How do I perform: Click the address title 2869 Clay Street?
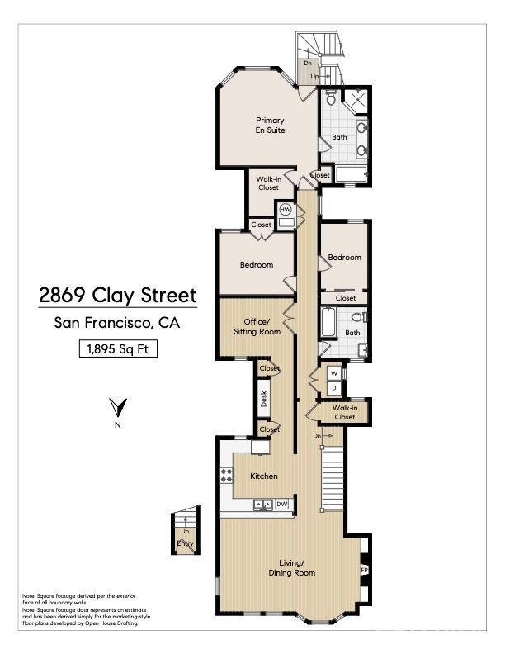pyautogui.click(x=118, y=296)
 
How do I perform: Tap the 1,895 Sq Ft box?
pyautogui.click(x=118, y=348)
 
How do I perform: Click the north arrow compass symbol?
pyautogui.click(x=118, y=408)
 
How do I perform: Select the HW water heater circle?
pyautogui.click(x=286, y=211)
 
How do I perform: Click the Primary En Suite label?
pyautogui.click(x=269, y=125)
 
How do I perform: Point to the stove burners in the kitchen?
pyautogui.click(x=227, y=476)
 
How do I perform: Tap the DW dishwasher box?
pyautogui.click(x=281, y=504)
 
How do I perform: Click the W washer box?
pyautogui.click(x=333, y=372)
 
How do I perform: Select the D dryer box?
pyautogui.click(x=333, y=386)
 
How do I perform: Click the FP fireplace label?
pyautogui.click(x=364, y=571)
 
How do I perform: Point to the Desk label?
pyautogui.click(x=264, y=399)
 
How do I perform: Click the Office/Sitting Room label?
pyautogui.click(x=262, y=326)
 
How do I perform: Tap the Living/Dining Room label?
pyautogui.click(x=292, y=568)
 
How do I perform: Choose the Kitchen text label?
pyautogui.click(x=264, y=476)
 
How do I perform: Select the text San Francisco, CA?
pyautogui.click(x=116, y=323)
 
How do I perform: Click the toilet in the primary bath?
pyautogui.click(x=331, y=101)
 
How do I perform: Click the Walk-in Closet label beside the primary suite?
pyautogui.click(x=267, y=183)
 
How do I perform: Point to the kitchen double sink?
pyautogui.click(x=263, y=504)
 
